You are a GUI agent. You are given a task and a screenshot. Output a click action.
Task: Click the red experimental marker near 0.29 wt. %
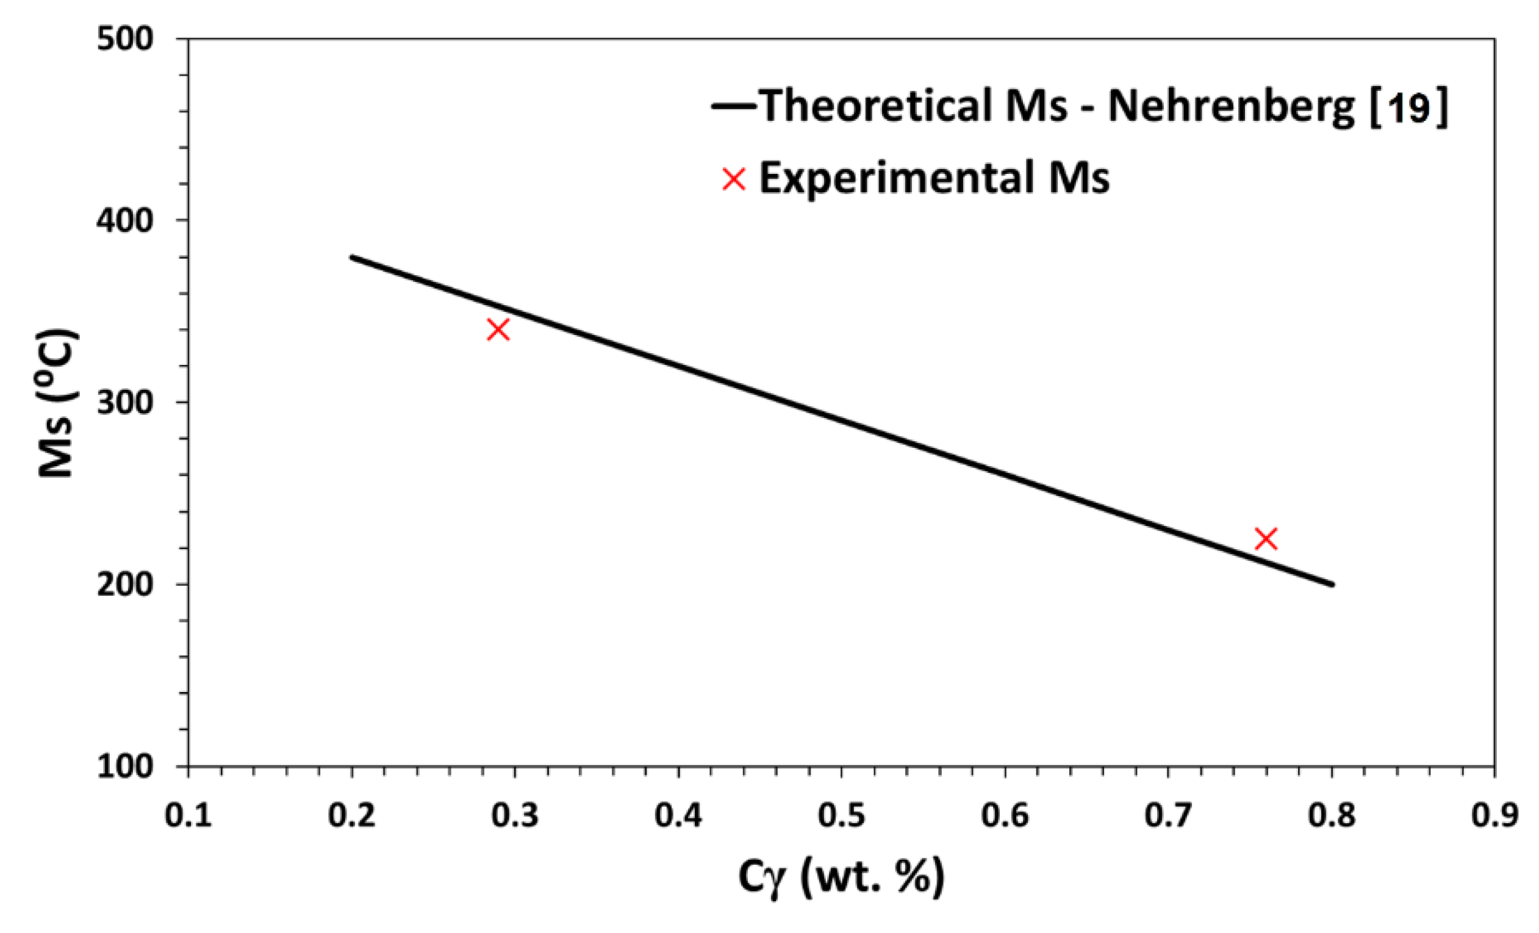498,330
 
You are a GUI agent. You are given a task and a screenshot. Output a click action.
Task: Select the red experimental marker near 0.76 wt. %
1266,539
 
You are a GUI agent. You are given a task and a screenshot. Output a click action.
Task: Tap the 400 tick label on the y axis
125,221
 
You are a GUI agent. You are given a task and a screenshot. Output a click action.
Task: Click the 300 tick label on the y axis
125,403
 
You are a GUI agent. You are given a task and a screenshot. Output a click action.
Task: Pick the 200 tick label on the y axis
125,585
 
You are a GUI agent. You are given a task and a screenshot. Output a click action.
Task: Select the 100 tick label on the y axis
125,766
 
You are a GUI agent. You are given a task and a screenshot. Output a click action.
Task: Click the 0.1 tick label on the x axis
188,816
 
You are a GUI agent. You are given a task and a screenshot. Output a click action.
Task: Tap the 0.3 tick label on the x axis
515,816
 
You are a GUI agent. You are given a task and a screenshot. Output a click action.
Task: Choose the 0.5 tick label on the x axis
841,816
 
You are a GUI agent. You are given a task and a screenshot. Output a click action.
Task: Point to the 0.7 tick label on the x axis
1168,816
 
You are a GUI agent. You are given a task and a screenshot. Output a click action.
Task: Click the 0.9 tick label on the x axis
1494,816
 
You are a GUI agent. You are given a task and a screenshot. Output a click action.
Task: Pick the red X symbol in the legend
734,179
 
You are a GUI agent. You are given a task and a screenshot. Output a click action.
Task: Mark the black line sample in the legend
734,106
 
